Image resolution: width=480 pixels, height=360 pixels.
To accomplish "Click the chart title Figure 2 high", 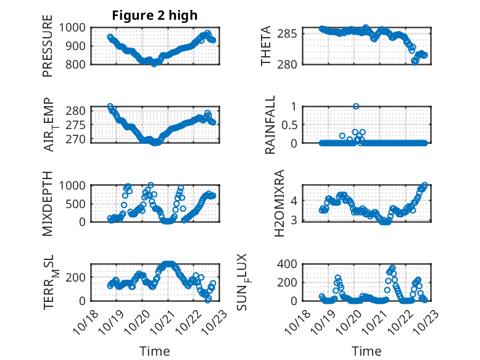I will (154, 15).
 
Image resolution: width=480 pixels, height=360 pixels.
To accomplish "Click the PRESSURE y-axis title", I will (48, 51).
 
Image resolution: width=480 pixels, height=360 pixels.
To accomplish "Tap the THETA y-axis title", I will (266, 46).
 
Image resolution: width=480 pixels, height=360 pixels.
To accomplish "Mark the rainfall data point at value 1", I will (356, 106).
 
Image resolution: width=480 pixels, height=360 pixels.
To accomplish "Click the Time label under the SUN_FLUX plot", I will (367, 351).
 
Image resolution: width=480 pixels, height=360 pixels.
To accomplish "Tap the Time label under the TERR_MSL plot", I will (154, 351).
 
